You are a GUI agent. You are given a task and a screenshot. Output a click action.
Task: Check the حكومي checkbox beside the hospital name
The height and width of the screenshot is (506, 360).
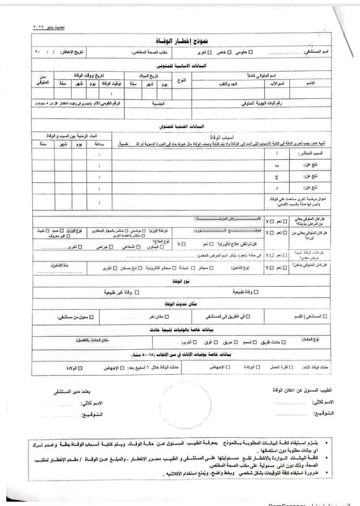click(x=250, y=52)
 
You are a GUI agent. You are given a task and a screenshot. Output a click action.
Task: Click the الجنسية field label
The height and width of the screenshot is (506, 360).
click(x=158, y=103)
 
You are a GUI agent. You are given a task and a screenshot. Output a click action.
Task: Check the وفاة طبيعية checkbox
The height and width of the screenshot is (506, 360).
click(x=256, y=292)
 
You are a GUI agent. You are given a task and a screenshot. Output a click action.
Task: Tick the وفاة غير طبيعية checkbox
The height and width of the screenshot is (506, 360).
click(x=137, y=293)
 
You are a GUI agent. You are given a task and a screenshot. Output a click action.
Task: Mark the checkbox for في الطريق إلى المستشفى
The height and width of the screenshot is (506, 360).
click(x=253, y=317)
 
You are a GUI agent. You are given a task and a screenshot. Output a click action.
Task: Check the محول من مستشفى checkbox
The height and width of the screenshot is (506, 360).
click(x=92, y=317)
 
